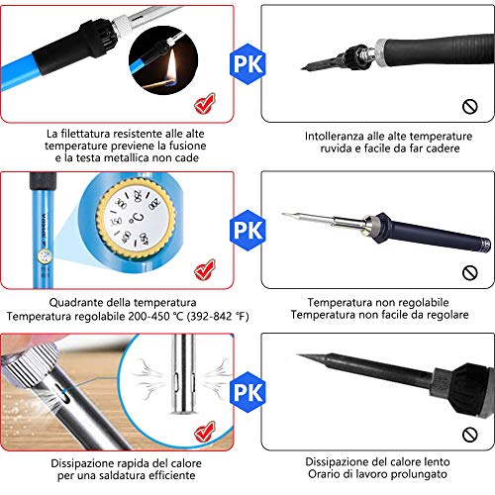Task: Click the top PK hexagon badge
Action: [x=247, y=64]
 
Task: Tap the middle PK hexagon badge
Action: [x=247, y=231]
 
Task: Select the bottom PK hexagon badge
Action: [x=247, y=392]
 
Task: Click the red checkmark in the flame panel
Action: [x=205, y=103]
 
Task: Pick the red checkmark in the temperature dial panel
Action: [x=205, y=269]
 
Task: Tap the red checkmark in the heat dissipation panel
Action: [x=205, y=432]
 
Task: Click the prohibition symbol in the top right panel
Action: [x=470, y=107]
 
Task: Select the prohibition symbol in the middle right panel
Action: [x=470, y=273]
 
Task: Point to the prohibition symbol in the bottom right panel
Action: [x=470, y=435]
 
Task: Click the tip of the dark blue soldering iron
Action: [x=283, y=214]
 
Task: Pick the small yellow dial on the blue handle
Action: [x=45, y=256]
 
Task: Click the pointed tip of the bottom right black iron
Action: [x=297, y=354]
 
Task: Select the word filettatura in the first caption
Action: [x=86, y=134]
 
